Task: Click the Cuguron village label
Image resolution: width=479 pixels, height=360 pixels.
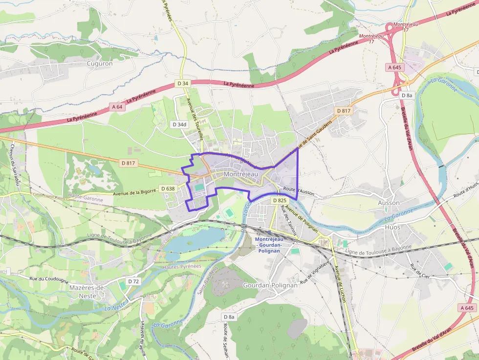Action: (99, 64)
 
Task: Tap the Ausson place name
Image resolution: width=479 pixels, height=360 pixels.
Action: (389, 203)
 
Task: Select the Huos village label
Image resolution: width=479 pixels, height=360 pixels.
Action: (392, 227)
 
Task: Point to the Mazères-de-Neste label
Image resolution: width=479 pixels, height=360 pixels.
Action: (88, 292)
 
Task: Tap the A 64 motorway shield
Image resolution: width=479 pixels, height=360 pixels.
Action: (117, 106)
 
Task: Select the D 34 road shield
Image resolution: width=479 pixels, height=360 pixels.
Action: (183, 84)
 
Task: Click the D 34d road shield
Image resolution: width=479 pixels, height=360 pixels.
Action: (179, 125)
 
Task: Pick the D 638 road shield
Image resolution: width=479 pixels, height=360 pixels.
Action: (167, 189)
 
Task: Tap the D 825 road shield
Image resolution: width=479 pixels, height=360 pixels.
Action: (279, 200)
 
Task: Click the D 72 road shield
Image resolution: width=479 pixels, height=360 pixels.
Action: (133, 281)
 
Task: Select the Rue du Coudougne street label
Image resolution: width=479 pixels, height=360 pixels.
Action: (49, 279)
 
